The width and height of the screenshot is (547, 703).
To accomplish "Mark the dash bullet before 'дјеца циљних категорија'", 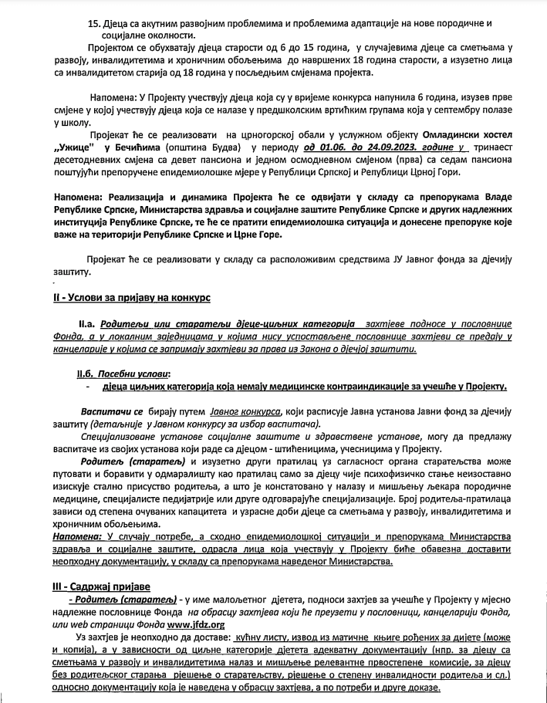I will [x=89, y=386].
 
